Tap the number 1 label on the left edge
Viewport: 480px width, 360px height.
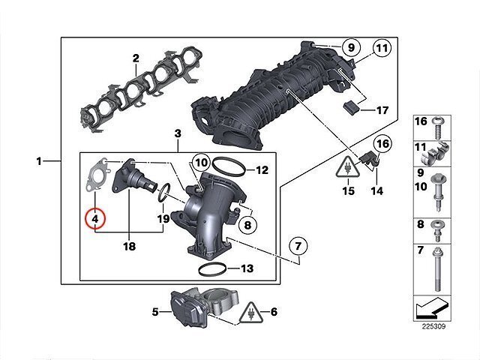[x=39, y=160]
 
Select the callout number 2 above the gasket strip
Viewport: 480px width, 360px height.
[x=136, y=58]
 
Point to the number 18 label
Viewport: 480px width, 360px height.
[x=129, y=245]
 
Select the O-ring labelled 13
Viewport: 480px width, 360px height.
[x=214, y=268]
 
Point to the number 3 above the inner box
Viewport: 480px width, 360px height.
[x=178, y=133]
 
